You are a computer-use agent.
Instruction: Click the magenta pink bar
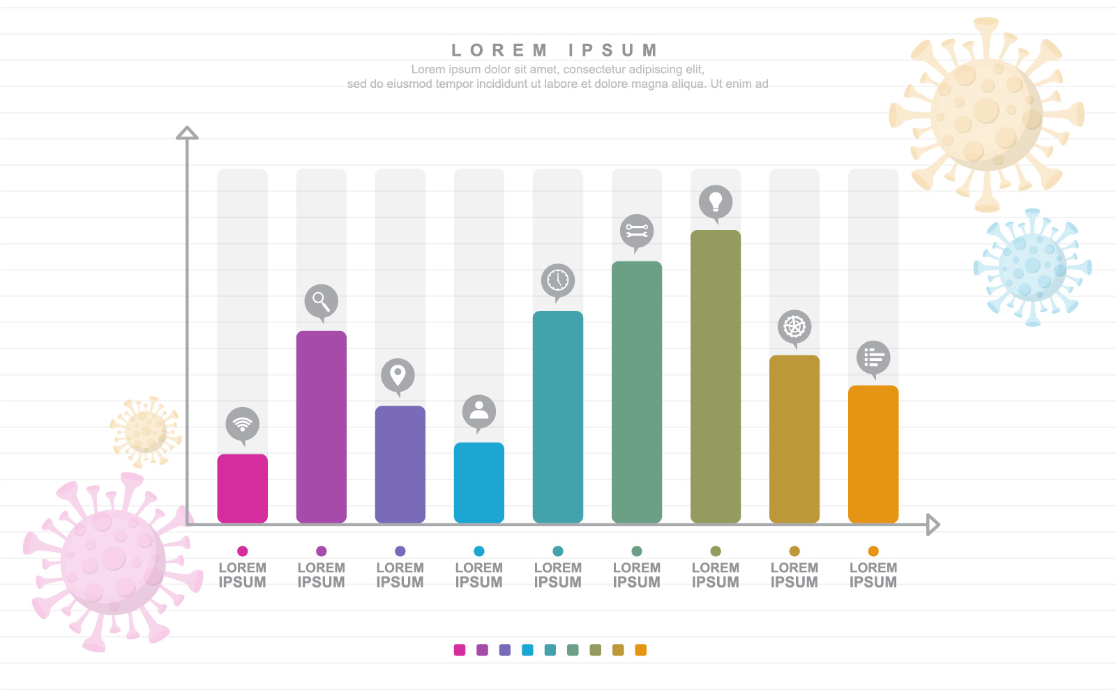tap(242, 488)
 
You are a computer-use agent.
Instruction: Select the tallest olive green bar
tap(715, 376)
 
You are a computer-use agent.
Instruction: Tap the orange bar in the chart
tap(873, 453)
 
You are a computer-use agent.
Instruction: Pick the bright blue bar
tap(478, 482)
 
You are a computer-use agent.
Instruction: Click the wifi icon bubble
tap(242, 424)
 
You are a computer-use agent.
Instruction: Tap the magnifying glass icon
tap(321, 301)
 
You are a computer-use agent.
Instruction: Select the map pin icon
tap(398, 375)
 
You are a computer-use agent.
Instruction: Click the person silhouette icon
tap(478, 411)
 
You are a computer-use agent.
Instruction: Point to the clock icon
tap(557, 280)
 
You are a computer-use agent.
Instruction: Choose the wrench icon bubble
tap(636, 231)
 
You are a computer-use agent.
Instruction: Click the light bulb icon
tap(715, 202)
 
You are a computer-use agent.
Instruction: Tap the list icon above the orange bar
tap(873, 358)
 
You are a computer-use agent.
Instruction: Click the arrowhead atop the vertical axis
tap(187, 133)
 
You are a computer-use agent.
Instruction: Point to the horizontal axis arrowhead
tap(933, 524)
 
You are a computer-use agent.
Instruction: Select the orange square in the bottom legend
tap(640, 650)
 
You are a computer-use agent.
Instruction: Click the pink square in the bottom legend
tap(459, 650)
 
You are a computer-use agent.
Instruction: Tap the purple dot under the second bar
tap(321, 551)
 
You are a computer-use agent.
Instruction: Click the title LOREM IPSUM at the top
tap(555, 50)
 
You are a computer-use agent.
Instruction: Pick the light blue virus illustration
tap(1032, 267)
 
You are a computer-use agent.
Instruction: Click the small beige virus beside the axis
tap(145, 432)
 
